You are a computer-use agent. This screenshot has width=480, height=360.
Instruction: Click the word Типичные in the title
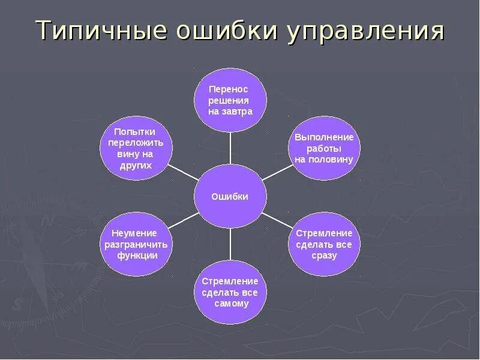click(100, 31)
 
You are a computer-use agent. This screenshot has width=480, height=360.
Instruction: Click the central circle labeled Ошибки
click(230, 196)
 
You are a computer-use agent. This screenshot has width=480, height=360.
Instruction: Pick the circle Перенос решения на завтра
click(230, 100)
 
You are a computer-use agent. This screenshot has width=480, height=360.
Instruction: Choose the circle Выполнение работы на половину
click(324, 148)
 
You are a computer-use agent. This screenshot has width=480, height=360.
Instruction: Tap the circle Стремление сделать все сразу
click(324, 244)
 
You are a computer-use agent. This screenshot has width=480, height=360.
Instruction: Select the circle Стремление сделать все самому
click(230, 292)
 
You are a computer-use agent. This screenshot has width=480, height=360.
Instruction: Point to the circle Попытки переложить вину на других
click(136, 148)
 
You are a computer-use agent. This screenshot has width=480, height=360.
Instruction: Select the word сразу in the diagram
click(325, 256)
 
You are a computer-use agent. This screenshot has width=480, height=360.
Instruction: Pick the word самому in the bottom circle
click(231, 304)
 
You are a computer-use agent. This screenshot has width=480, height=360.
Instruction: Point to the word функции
click(137, 256)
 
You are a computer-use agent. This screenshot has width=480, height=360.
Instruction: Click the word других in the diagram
click(136, 166)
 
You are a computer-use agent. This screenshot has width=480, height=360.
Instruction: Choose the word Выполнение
click(324, 137)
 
